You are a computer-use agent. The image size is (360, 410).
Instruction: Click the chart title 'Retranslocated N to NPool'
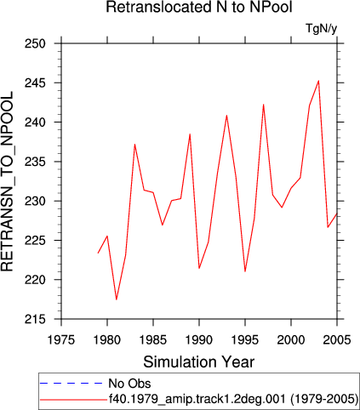point(199,7)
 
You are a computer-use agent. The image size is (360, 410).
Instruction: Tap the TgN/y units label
point(322,29)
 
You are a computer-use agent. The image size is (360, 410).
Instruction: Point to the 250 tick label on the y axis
point(35,44)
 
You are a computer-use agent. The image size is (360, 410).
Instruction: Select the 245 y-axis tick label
point(35,83)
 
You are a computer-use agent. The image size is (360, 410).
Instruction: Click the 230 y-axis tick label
point(35,202)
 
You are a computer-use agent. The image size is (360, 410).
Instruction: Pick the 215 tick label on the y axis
point(35,320)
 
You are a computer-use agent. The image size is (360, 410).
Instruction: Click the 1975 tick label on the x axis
point(61,339)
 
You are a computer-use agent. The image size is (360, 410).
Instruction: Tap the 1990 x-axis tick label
point(199,339)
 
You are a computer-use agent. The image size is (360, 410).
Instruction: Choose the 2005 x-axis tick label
point(337,339)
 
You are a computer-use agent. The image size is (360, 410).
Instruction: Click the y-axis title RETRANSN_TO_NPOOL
point(7,181)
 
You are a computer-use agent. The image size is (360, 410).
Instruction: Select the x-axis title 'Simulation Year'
point(199,362)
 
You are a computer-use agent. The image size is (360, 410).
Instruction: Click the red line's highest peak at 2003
point(318,81)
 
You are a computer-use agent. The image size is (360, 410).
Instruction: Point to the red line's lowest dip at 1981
point(117,299)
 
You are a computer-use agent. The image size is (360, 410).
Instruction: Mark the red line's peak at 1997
point(263,105)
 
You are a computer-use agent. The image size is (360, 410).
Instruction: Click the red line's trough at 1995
point(245,271)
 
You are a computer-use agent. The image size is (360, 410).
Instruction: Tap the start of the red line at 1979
point(98,253)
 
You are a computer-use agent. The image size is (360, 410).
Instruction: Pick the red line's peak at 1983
point(134,145)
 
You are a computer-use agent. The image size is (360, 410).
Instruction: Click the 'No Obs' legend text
point(129,384)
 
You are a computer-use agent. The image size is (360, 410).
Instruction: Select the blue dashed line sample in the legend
point(71,384)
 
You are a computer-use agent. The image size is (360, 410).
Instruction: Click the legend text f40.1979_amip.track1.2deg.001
point(197,399)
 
